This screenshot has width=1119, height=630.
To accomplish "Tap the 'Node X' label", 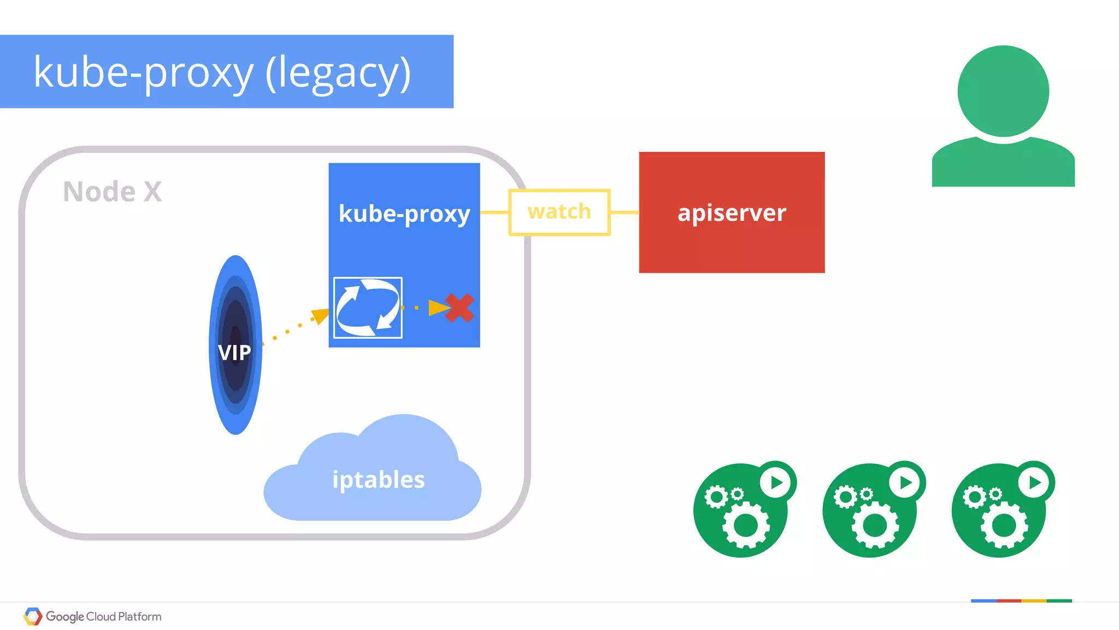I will tap(112, 192).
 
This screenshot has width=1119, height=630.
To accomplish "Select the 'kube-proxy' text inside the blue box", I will tap(404, 213).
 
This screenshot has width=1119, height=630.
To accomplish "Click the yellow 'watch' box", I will tap(559, 212).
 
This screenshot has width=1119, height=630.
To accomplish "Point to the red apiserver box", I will tap(732, 213).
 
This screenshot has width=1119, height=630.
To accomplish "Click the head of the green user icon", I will tap(1003, 91).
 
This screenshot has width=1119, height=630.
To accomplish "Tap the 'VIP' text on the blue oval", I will tap(234, 352).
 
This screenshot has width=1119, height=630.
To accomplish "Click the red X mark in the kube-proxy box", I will tap(460, 308).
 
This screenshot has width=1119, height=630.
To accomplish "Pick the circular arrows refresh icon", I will tap(368, 308).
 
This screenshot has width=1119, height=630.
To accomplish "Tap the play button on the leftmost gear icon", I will tap(776, 482).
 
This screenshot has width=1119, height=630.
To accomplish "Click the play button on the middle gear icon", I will tap(905, 482).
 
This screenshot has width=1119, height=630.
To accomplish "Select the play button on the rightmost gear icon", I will tap(1034, 482).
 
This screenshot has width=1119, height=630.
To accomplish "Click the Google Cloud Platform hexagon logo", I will tap(33, 616).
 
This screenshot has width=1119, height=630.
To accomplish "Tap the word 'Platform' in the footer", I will tap(140, 616).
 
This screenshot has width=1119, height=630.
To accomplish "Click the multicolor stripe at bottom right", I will tap(1021, 600).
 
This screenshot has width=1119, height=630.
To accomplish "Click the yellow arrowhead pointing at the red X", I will tap(438, 308).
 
